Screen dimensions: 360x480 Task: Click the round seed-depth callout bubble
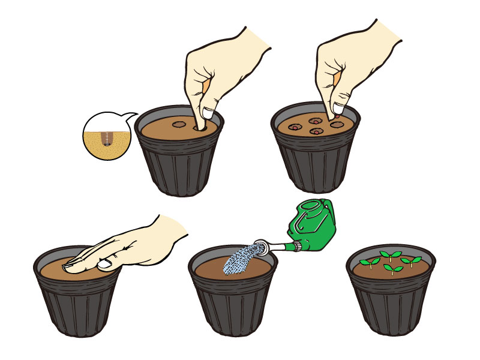click(x=107, y=136)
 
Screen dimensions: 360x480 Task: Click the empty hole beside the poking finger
click(x=179, y=125)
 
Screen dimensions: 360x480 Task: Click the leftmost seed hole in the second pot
click(x=294, y=127)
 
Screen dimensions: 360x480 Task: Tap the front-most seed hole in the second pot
click(x=315, y=131)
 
